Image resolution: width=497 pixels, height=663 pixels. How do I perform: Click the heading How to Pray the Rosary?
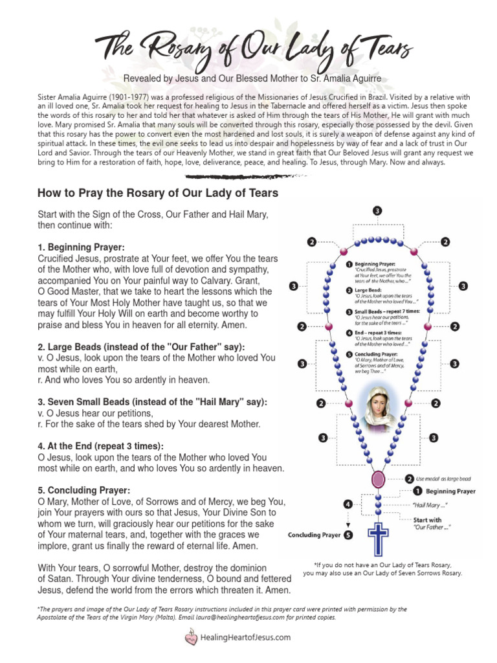click(x=158, y=193)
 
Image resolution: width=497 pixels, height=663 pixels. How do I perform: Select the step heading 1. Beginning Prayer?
click(x=82, y=247)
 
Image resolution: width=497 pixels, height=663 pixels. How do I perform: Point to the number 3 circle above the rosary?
click(x=377, y=211)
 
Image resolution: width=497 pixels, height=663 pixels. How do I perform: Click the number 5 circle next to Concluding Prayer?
click(x=349, y=535)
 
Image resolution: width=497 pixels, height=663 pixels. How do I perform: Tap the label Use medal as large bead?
click(x=445, y=479)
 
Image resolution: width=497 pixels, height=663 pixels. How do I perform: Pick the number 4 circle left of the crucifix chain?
click(x=349, y=503)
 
